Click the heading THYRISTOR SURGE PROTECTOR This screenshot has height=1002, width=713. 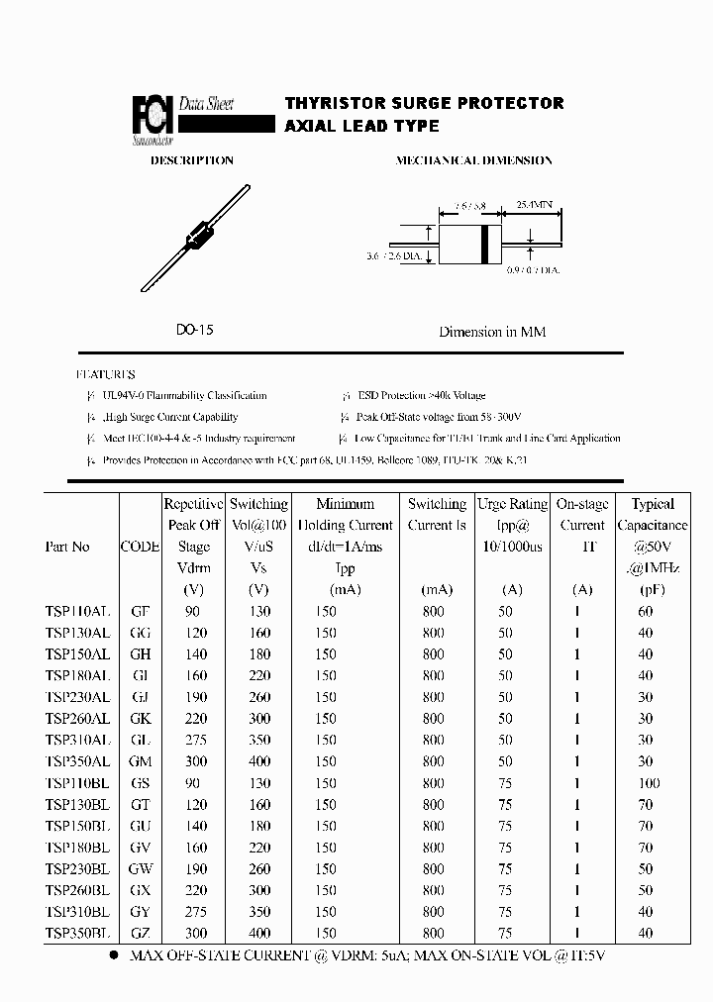coord(424,103)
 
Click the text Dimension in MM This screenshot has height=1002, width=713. coord(492,332)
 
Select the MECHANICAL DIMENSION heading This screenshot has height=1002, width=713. coord(474,160)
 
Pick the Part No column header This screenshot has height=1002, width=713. coord(67,547)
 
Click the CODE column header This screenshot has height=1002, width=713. coord(140,547)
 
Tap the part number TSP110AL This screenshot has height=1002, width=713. coord(77,611)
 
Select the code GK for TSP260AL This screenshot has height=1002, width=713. coord(140,719)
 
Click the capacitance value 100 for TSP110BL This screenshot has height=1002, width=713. coord(646,783)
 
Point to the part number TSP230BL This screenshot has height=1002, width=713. coord(77,869)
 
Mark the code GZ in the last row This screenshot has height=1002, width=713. coord(140,934)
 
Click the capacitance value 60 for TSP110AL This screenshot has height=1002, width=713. coord(646,611)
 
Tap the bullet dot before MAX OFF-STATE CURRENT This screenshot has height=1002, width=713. coord(114,955)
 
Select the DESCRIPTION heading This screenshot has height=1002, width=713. coord(191,160)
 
